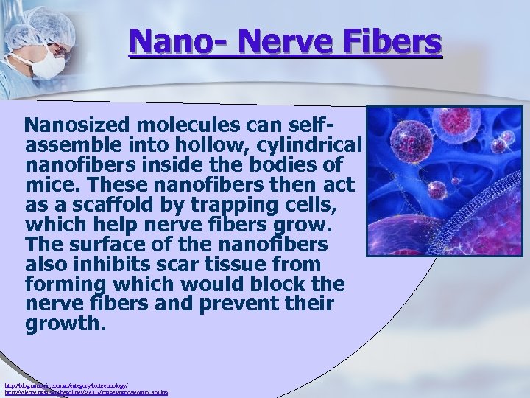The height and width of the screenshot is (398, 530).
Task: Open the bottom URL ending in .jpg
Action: [86, 393]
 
